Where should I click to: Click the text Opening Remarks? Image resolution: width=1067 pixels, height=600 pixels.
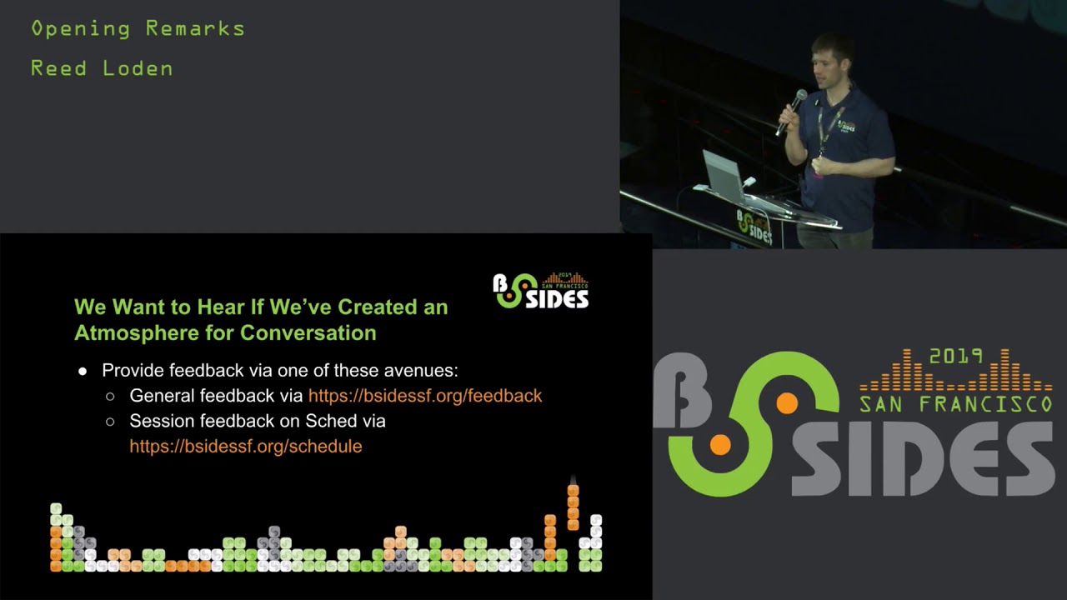click(x=138, y=29)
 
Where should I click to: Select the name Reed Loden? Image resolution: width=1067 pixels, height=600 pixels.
click(x=102, y=69)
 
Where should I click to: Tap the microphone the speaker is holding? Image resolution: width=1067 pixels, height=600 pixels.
click(x=793, y=108)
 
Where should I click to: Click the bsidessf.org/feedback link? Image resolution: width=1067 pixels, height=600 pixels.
click(x=424, y=396)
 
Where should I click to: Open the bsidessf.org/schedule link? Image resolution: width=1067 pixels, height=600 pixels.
click(x=245, y=446)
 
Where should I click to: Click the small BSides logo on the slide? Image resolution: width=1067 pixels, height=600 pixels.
click(x=541, y=290)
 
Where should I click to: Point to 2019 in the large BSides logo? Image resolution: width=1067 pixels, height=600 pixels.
click(x=956, y=357)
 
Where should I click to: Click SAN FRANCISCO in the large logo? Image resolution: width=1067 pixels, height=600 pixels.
click(x=955, y=405)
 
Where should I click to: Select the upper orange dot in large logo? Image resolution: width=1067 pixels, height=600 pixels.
click(x=786, y=404)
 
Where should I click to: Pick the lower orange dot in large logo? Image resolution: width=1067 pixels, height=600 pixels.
click(x=720, y=445)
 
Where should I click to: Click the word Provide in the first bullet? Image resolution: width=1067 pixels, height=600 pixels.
click(x=133, y=370)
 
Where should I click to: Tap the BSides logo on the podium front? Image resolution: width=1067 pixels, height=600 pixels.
click(x=755, y=226)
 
